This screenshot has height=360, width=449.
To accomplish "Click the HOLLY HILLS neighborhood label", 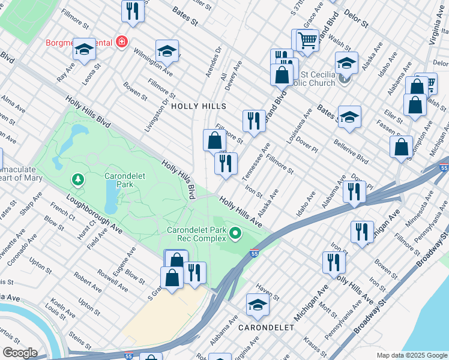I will [199, 106].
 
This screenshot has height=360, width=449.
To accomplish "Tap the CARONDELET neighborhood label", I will [267, 328].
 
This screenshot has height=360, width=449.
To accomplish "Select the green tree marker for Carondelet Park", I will [77, 179].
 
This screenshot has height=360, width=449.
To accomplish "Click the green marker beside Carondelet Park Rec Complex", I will [235, 233].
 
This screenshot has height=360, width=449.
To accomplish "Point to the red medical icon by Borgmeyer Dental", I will [122, 42].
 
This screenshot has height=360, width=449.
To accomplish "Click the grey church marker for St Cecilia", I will [345, 77].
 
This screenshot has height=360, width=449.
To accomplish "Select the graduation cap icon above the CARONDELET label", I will [258, 305].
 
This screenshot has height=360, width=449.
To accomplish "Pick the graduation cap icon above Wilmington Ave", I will [167, 51].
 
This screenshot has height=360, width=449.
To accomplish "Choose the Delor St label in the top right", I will [356, 19].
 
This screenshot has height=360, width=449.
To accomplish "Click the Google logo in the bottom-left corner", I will [20, 353].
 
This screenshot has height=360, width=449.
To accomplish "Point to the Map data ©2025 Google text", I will [411, 355].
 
